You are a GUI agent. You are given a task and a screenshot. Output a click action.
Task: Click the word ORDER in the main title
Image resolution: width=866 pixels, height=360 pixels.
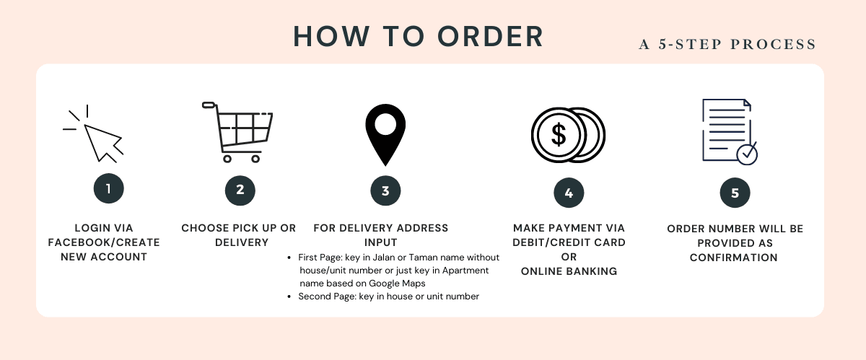click(490, 37)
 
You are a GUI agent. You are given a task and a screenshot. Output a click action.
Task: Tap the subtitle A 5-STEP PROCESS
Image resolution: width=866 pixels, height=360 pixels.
click(727, 44)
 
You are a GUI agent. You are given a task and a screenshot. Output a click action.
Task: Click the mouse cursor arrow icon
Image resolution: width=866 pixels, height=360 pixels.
click(102, 142)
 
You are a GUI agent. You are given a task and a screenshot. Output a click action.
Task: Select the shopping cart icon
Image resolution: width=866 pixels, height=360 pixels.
click(237, 132)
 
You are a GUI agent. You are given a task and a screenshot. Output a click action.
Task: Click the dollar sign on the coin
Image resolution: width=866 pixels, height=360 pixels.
click(559, 135)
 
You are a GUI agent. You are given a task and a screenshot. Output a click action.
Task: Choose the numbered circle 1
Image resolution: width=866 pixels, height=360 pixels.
click(109, 188)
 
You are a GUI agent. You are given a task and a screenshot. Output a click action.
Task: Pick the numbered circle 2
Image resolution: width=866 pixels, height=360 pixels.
click(240, 190)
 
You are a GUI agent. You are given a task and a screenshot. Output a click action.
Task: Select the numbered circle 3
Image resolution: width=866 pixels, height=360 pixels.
click(385, 190)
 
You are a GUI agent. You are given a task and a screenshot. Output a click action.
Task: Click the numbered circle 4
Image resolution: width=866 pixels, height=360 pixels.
click(569, 193)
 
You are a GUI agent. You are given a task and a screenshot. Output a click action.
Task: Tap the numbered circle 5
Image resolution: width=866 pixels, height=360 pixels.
click(735, 193)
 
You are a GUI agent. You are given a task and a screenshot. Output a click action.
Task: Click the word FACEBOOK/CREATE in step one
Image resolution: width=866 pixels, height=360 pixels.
click(104, 242)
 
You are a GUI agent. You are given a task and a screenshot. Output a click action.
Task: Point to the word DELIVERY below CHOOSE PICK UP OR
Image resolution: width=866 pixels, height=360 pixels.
click(242, 242)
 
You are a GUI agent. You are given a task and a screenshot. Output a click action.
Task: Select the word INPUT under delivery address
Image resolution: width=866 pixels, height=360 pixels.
click(381, 242)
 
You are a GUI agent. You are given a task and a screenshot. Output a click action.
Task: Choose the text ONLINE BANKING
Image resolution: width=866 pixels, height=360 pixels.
click(569, 271)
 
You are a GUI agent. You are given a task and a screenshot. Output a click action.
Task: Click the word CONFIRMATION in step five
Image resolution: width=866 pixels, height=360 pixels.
click(733, 258)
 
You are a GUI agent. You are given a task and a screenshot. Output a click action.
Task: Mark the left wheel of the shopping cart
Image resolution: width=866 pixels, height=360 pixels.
click(227, 159)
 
